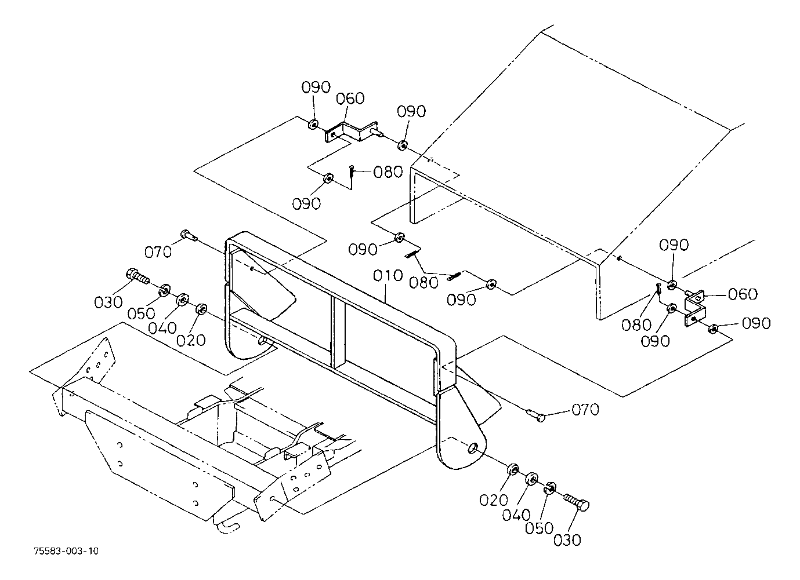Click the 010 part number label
388,276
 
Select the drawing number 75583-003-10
67,551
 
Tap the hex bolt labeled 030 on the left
137,277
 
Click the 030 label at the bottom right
567,540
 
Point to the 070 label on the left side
158,252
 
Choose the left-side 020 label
191,340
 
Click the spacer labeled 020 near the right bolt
513,469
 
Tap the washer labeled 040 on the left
183,300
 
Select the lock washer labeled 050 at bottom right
549,488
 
